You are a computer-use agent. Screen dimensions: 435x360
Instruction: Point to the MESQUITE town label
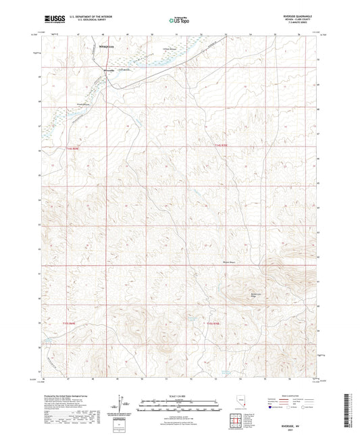(99, 47)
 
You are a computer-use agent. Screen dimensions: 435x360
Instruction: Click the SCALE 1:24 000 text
(179, 394)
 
